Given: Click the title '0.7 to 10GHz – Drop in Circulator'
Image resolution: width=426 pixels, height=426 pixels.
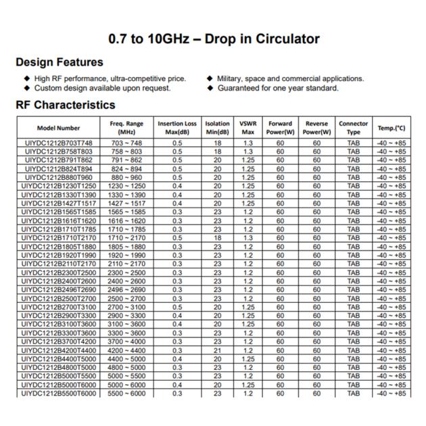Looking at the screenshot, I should (214, 39).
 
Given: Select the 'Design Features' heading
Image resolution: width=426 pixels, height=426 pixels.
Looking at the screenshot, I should (60, 62).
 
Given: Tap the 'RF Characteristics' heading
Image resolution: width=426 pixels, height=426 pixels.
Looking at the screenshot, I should (65, 105).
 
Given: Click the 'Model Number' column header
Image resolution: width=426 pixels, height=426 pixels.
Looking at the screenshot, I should (59, 128).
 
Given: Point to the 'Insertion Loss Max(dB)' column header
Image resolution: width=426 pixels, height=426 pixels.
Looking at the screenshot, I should (177, 128).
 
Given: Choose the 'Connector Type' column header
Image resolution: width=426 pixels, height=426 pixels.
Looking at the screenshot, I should (353, 128).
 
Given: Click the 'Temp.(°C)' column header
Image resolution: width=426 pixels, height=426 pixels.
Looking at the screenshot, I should (392, 128).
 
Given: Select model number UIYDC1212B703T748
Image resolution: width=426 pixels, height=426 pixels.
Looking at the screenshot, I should (59, 143).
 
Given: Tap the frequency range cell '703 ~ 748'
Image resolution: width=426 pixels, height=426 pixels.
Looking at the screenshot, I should (126, 143).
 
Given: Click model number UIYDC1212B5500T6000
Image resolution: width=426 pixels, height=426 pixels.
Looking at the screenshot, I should (59, 394).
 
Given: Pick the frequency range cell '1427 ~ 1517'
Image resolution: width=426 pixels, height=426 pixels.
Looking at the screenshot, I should (126, 204).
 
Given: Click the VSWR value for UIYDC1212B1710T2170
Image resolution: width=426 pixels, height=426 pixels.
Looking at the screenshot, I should (248, 238).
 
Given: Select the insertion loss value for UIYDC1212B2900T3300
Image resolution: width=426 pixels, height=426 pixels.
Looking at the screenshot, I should (177, 316).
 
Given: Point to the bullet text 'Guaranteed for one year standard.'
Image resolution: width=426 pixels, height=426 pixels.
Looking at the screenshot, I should (278, 88).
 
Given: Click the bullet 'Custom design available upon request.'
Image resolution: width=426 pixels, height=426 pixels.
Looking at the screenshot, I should (102, 88).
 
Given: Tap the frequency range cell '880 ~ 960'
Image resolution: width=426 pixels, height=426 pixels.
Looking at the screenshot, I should (126, 178).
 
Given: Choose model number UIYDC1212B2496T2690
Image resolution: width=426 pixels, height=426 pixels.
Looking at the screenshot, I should (59, 289).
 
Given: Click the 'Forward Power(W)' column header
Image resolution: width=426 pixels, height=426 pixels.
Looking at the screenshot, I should (280, 128).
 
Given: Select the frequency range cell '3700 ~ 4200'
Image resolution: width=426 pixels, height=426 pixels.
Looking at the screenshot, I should (126, 341).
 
